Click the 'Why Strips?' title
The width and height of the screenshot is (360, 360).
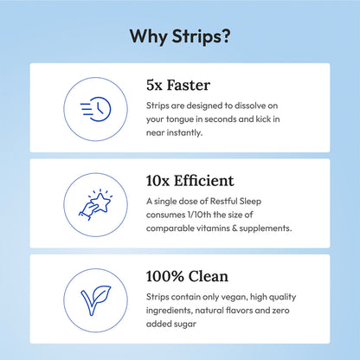tap(180, 36)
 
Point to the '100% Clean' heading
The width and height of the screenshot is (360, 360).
tap(188, 276)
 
